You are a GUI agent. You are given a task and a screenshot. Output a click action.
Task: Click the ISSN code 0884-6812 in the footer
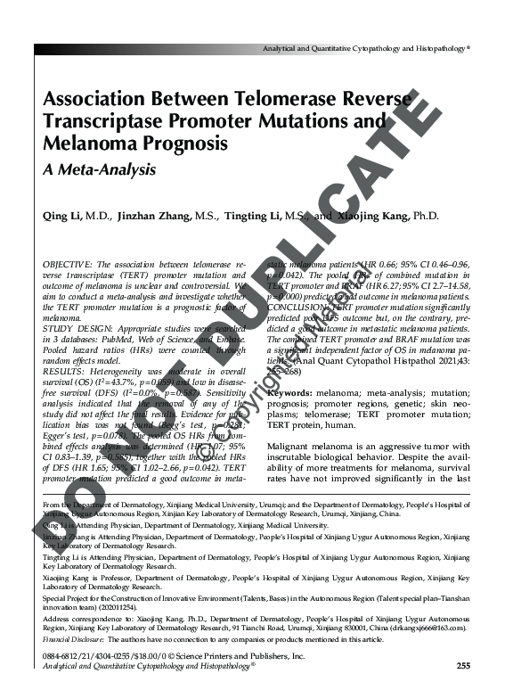tap(62, 655)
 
